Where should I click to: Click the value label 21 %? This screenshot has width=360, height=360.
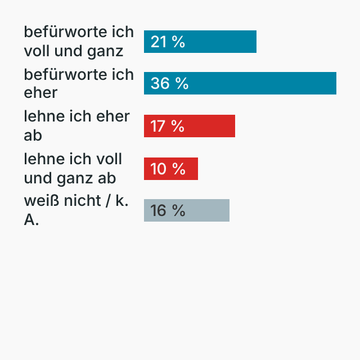(x=168, y=42)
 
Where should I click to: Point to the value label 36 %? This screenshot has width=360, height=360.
(x=169, y=83)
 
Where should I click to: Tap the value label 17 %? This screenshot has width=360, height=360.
(x=168, y=126)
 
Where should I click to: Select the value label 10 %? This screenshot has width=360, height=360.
(x=168, y=168)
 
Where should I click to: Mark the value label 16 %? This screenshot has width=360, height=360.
(x=168, y=210)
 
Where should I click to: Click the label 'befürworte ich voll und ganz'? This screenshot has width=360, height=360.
(x=79, y=41)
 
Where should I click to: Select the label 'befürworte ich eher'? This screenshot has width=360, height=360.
(x=79, y=83)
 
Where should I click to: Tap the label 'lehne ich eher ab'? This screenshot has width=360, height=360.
(x=76, y=125)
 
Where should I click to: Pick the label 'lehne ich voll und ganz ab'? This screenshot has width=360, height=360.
(x=73, y=168)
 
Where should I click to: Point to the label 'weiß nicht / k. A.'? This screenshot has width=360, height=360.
(x=76, y=210)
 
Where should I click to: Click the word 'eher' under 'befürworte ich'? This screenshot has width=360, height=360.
(x=40, y=93)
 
